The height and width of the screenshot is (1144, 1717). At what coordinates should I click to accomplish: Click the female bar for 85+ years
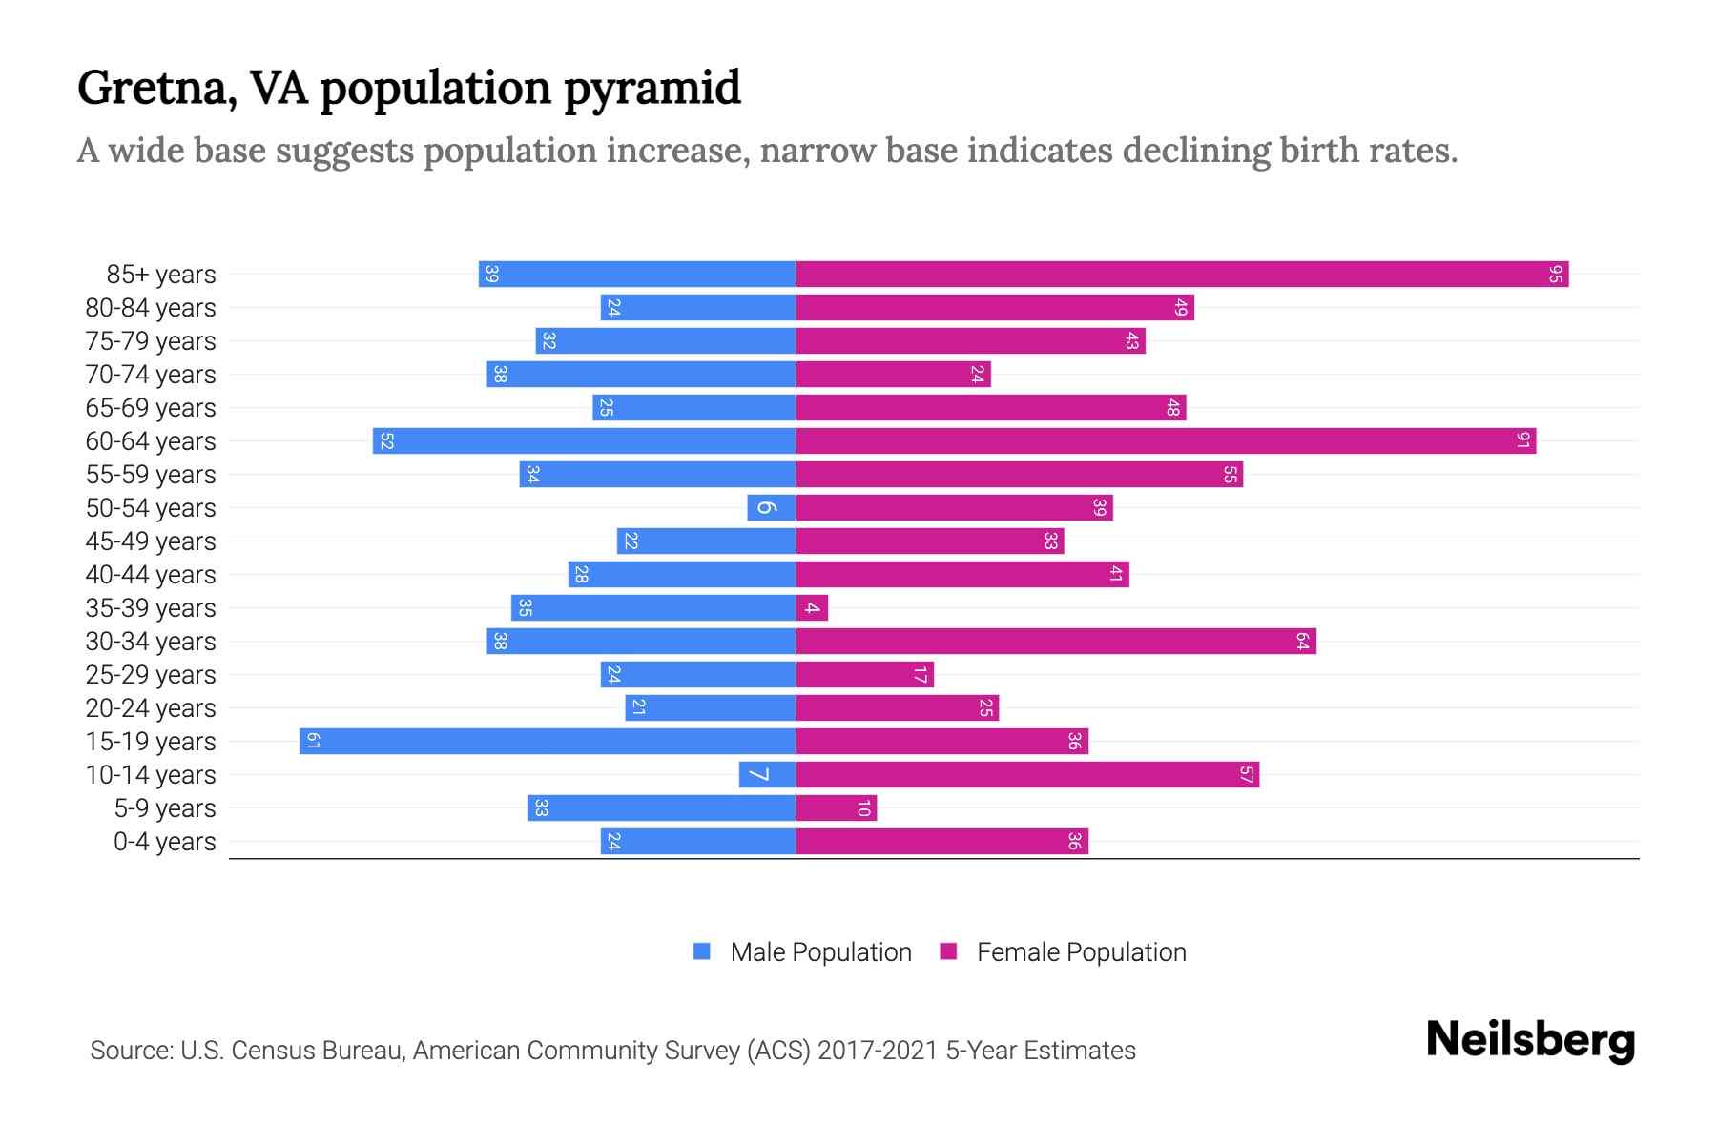[x=1181, y=275]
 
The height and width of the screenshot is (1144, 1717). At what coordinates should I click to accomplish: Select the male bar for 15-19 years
[x=548, y=742]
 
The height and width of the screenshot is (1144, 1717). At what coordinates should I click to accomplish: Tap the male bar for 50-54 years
[x=772, y=508]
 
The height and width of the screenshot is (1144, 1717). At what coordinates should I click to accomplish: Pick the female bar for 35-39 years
[x=812, y=608]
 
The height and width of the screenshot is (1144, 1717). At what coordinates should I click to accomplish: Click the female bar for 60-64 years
[x=1166, y=441]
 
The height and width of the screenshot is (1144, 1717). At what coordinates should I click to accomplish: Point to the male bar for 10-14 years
[x=767, y=775]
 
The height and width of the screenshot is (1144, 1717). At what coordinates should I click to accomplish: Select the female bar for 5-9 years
[x=836, y=808]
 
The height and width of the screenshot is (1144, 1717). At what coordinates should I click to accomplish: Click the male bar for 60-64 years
[x=584, y=441]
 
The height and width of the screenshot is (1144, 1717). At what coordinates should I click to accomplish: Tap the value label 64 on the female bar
[x=1302, y=642]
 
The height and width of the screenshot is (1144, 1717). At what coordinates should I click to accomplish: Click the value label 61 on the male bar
[x=313, y=742]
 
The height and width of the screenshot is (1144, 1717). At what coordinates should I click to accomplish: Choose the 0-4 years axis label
[x=164, y=842]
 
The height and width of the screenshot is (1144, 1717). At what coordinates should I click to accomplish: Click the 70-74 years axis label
[x=151, y=375]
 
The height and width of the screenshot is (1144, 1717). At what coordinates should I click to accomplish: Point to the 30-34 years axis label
[x=151, y=642]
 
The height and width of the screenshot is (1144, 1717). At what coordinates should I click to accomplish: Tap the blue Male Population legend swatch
[x=702, y=951]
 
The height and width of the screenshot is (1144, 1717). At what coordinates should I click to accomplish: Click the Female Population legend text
[x=1081, y=952]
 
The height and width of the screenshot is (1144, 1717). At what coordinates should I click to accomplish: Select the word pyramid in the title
[x=652, y=90]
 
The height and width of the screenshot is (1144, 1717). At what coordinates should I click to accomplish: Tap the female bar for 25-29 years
[x=864, y=675]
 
